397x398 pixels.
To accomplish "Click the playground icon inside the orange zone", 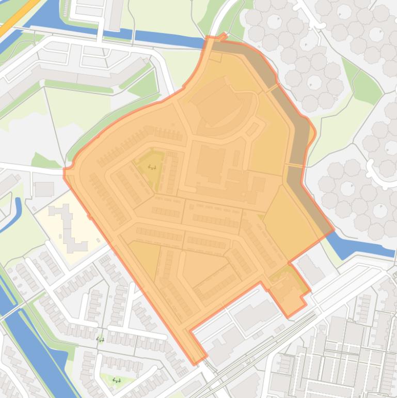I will (152, 167).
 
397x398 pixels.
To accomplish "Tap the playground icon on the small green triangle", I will (117, 381).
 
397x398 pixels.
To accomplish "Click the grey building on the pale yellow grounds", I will (67, 227).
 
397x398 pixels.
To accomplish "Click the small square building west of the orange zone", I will (44, 189).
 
